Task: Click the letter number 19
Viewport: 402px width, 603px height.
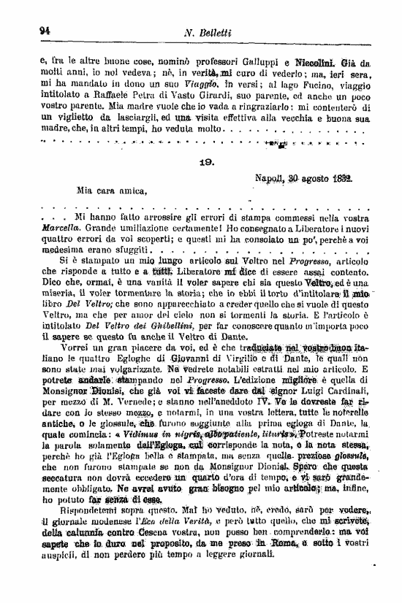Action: click(207, 165)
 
